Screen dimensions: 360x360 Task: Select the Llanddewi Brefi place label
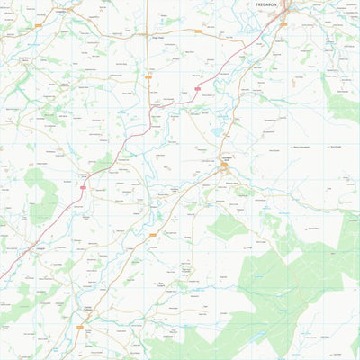[227, 158]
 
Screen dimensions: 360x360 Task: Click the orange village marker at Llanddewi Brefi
[226, 166]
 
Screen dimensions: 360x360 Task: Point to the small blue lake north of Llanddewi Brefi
[216, 132]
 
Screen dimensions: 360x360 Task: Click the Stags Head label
[157, 38]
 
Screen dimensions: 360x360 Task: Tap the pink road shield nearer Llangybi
[84, 187]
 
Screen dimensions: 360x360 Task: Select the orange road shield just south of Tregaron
[283, 24]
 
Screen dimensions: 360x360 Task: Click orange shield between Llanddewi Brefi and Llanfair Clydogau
[153, 236]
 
